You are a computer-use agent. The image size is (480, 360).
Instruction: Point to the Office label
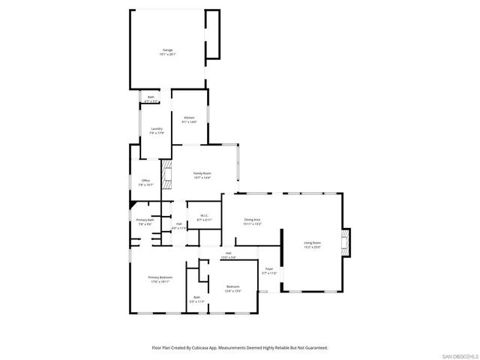coord(146,181)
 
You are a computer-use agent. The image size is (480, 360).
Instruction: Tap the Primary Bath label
coord(144,221)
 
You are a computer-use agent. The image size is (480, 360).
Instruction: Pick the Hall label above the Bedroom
coord(228,255)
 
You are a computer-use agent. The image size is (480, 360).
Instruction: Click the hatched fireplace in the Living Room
coord(345,243)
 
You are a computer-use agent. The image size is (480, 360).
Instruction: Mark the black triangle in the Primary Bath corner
coord(133,202)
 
